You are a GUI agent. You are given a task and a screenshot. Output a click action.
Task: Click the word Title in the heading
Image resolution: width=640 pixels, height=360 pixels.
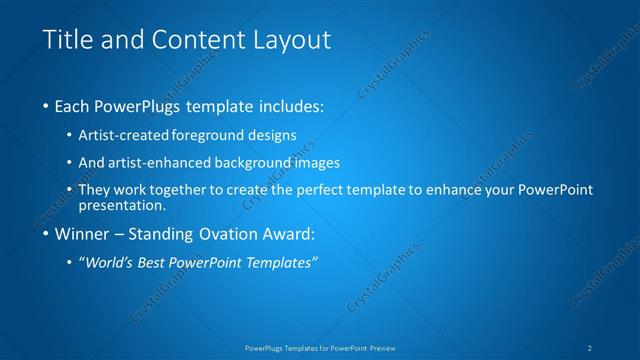tap(66, 40)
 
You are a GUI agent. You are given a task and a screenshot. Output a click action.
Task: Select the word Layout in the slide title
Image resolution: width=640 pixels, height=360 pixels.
tap(291, 40)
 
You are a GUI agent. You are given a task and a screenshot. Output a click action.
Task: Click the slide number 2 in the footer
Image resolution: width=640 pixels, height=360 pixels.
tap(591, 347)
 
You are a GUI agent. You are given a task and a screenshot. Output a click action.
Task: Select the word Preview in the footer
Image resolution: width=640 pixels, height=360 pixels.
tap(379, 347)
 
